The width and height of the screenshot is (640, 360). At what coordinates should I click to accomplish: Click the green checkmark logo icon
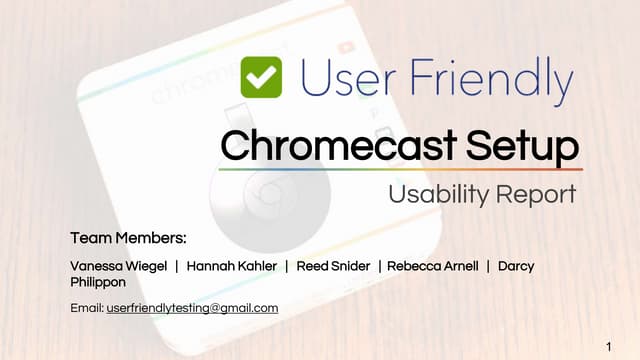262,77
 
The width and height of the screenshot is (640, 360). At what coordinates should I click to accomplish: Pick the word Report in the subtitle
541,194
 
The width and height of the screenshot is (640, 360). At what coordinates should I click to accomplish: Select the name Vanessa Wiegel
117,266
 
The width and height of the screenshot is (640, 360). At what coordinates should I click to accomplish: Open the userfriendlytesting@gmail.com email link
192,308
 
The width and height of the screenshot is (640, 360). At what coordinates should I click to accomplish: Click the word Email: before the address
87,308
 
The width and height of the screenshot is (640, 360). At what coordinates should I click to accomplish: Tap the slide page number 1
609,345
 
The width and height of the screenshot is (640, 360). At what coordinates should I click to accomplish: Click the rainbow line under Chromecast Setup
400,169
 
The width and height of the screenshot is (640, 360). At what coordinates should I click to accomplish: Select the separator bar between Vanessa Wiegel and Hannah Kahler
176,266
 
